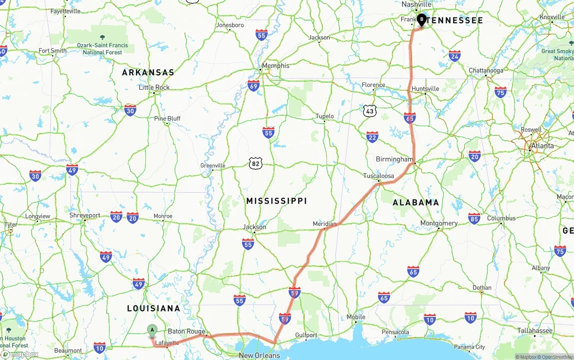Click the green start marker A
coord(152,330)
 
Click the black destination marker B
coord(422,19)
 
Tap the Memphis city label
coord(275,65)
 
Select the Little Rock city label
coord(154,87)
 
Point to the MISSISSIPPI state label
coord(276,201)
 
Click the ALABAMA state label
coord(416,203)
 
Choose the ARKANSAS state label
coord(148,72)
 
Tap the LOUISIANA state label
coord(153,308)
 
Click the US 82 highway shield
coord(255,164)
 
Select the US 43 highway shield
coord(370,111)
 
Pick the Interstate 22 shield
coord(372,137)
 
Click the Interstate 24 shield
coord(454,56)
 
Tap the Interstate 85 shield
coord(474,218)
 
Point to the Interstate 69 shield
coord(253,86)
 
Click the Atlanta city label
coord(542,146)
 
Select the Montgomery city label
coord(439,223)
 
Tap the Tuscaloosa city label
coord(378,176)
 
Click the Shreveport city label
coord(85,215)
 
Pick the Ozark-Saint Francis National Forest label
coord(102,48)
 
